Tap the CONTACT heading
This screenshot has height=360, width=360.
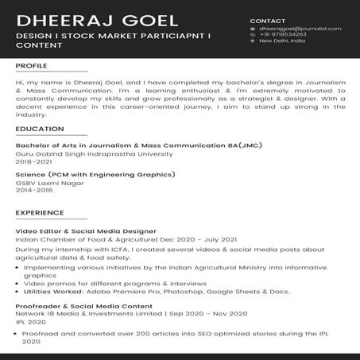pyautogui.click(x=267, y=20)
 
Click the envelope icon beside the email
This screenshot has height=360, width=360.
pyautogui.click(x=253, y=29)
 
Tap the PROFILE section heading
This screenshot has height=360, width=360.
pyautogui.click(x=31, y=66)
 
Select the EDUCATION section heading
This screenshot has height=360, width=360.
pyautogui.click(x=40, y=129)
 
